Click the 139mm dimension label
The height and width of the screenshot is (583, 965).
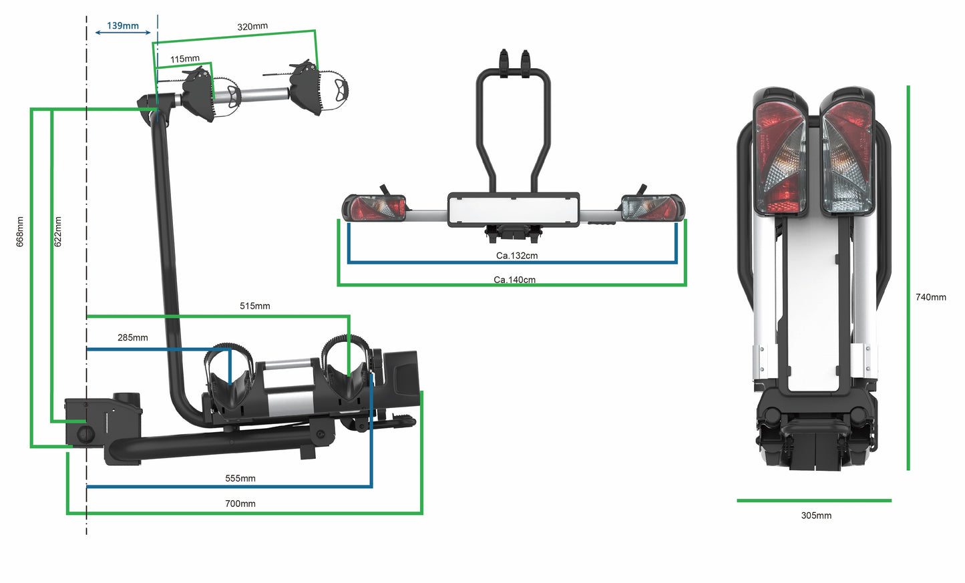pos(123,25)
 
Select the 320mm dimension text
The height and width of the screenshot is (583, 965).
pos(252,27)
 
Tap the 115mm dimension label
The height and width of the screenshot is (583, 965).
pos(184,59)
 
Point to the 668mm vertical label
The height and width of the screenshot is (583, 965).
pos(20,232)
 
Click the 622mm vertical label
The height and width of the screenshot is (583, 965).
pos(57,232)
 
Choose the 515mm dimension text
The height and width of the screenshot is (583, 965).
pos(254,306)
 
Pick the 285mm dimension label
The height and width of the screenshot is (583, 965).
pos(133,337)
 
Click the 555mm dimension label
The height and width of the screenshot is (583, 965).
pos(240,478)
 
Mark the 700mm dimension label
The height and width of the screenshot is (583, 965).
pos(240,504)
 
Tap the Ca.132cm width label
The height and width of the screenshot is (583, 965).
pos(516,256)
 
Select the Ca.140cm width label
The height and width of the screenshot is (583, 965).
pos(514,280)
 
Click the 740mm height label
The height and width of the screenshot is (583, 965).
pos(930,297)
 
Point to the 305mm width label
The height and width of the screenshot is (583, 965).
pos(816,516)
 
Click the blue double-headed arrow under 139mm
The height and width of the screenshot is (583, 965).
pos(123,32)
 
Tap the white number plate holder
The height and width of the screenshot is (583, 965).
pos(513,209)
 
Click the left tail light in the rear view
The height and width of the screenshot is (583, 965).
pos(375,208)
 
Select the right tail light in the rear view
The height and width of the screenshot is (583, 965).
pos(652,208)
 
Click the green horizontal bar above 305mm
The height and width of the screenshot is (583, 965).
pos(814,500)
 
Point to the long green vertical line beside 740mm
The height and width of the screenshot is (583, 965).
pos(908,277)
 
